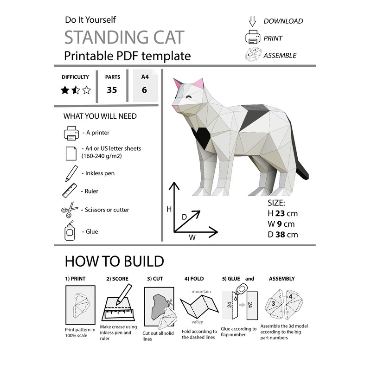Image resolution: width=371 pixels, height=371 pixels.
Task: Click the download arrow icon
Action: tap(252, 21)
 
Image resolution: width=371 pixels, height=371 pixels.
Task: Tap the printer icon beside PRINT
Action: tap(253, 38)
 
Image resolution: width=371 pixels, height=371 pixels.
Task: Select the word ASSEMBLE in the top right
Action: tap(280, 56)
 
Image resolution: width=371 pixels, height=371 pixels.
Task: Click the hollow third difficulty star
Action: tap(87, 90)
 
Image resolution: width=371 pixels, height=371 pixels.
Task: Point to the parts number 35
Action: tap(112, 90)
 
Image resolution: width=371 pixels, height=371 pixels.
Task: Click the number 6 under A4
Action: tap(144, 90)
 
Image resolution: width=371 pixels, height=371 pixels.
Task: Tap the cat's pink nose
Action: tap(175, 107)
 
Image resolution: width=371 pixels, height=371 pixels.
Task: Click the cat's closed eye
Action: tap(189, 96)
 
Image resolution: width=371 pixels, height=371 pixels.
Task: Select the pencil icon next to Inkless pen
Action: tap(71, 173)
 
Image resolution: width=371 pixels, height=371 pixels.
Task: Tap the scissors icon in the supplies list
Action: tap(69, 210)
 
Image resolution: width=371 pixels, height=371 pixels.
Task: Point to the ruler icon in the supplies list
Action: tap(70, 191)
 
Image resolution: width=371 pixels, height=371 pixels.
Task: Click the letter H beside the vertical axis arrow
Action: tap(169, 209)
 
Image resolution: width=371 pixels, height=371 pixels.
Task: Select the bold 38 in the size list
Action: tap(280, 235)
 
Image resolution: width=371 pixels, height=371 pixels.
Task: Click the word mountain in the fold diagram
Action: tap(201, 292)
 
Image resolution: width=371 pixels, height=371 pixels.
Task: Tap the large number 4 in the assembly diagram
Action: tap(290, 296)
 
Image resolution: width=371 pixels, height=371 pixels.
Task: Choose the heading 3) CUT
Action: tap(155, 279)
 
